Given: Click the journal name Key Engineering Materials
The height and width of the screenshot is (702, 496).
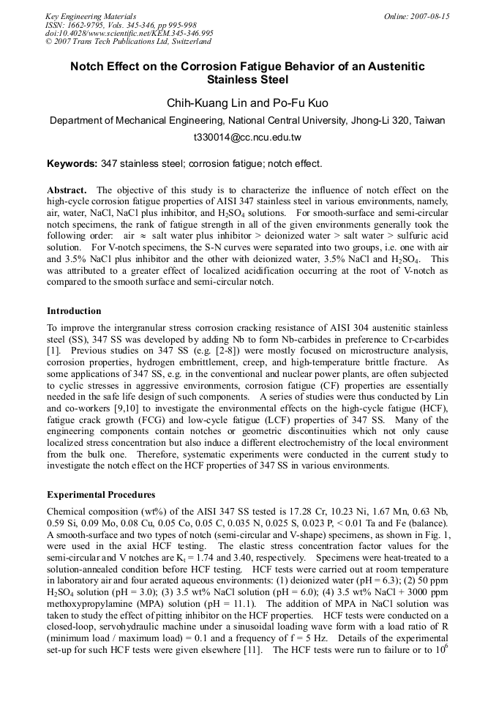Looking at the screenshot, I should tap(91, 16).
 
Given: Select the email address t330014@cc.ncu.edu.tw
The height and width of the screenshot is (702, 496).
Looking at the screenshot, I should tap(247, 137).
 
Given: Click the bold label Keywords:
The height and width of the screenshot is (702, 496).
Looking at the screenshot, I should tap(72, 164).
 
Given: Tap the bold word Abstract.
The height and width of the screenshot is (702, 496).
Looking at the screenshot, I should tap(67, 190).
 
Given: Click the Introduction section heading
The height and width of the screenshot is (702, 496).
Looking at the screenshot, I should tap(74, 311).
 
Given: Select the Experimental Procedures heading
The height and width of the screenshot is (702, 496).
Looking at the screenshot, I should tap(101, 494).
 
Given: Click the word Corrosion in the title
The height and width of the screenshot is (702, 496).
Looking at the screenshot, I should tap(198, 67).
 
